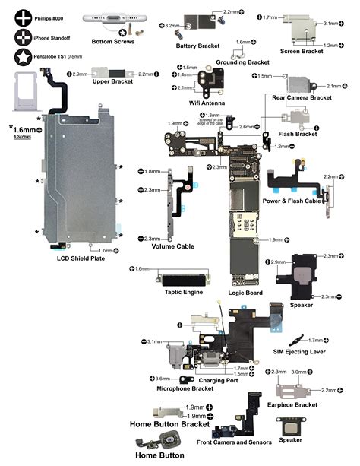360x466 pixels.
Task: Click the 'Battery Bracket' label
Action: point(197,46)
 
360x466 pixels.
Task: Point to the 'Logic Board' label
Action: point(245,293)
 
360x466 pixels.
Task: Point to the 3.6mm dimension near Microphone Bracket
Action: point(162,378)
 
